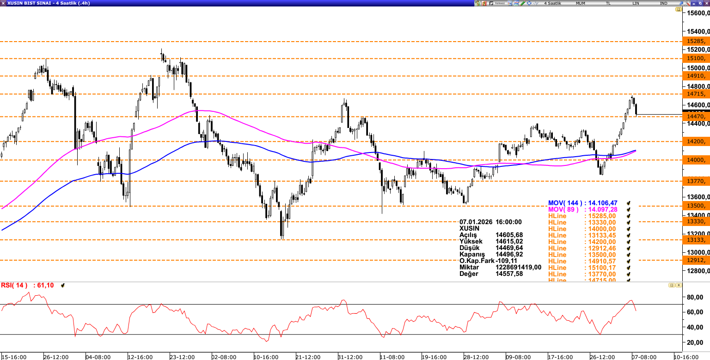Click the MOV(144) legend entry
pos(582,203)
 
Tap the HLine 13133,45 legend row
pos(582,235)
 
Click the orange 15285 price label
pos(695,41)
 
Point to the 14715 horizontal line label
pos(695,94)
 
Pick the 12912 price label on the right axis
pos(695,260)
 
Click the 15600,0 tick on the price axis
pos(698,13)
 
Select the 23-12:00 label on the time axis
pos(182,357)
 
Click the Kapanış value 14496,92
pos(509,255)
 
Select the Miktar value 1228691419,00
pos(518,268)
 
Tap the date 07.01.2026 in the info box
pos(476,222)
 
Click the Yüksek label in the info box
pos(471,242)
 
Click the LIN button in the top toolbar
pos(637,3)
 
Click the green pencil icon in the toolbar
pos(522,3)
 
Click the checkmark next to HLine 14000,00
pos(629,229)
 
